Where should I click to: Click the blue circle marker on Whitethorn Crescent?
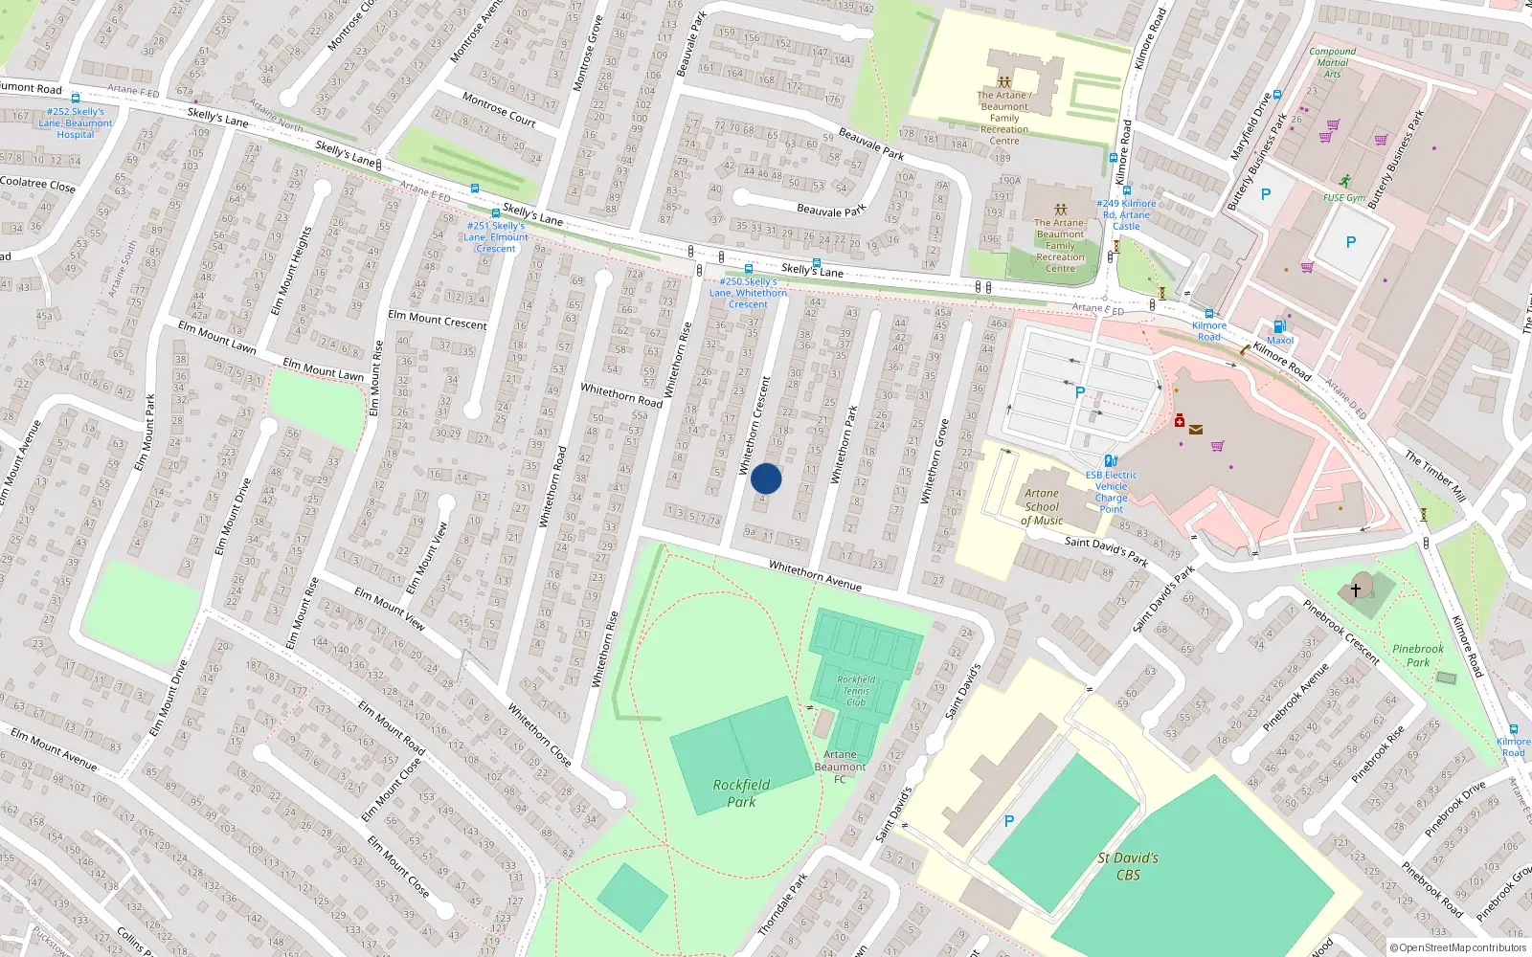pos(766,478)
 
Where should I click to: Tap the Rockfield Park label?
pos(741,793)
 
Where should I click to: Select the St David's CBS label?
pos(1128,866)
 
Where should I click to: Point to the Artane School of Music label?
pos(1042,507)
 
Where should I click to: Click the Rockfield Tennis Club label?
pos(856,691)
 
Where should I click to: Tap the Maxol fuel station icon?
pos(1279,327)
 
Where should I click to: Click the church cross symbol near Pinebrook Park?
pos(1355,590)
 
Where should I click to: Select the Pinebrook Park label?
pos(1418,656)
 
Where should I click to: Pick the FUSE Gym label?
pos(1344,198)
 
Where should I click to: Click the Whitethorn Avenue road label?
pos(815,575)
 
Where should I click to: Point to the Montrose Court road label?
pos(499,109)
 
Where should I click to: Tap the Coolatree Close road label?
pos(37,184)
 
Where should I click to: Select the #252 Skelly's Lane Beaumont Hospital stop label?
pos(76,123)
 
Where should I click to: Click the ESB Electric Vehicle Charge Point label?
pos(1112,492)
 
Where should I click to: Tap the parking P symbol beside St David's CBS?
pos(1008,821)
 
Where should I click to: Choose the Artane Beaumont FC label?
pos(840,767)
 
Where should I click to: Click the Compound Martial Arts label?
pos(1332,62)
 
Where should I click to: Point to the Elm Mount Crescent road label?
pos(438,320)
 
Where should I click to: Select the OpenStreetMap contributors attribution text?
pos(1458,948)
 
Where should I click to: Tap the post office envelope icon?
pos(1196,430)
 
